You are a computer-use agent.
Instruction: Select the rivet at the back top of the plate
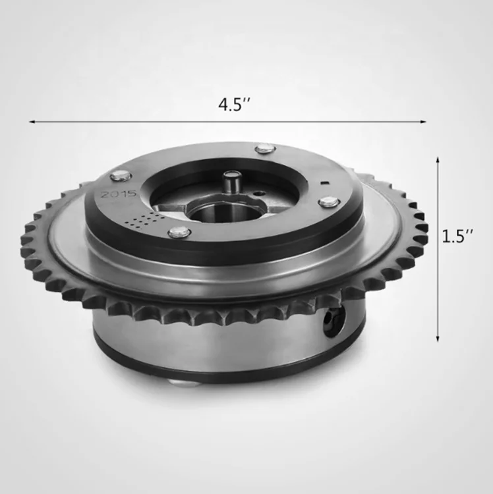pyautogui.click(x=265, y=148)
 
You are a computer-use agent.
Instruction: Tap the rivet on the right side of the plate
pyautogui.click(x=327, y=202)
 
